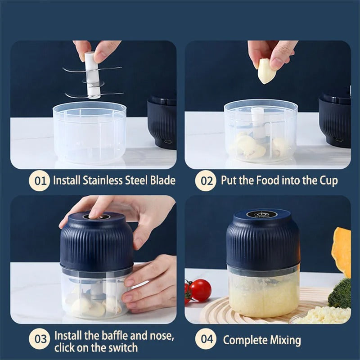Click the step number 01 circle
click(40, 181)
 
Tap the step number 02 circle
click(207, 181)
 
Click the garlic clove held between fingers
click(266, 71)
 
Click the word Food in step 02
click(268, 181)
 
